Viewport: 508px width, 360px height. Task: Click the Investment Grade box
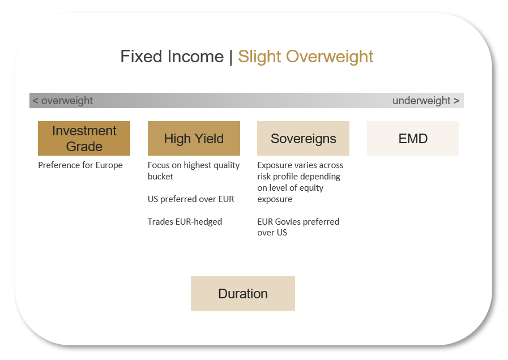click(84, 138)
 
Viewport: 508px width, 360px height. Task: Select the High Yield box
click(194, 138)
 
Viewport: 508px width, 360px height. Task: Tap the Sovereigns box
click(303, 138)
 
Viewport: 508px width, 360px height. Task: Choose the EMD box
click(413, 138)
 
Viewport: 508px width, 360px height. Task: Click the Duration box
click(243, 293)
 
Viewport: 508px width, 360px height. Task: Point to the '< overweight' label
click(62, 101)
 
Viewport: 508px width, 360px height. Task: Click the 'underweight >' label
click(426, 101)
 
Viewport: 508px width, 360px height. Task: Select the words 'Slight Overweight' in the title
click(305, 57)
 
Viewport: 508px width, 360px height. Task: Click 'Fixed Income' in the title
click(172, 57)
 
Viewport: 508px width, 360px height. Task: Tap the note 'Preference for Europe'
click(80, 165)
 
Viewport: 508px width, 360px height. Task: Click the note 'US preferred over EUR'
click(191, 199)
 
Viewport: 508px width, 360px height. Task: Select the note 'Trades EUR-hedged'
click(185, 222)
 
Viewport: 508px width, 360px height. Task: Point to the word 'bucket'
click(160, 177)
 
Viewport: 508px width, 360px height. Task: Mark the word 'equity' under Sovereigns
click(312, 188)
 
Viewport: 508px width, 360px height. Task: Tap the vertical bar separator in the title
click(231, 57)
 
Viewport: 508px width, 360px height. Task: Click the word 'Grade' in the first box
click(84, 147)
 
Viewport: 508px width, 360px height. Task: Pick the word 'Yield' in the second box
click(209, 139)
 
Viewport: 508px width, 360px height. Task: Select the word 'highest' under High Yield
click(198, 165)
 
